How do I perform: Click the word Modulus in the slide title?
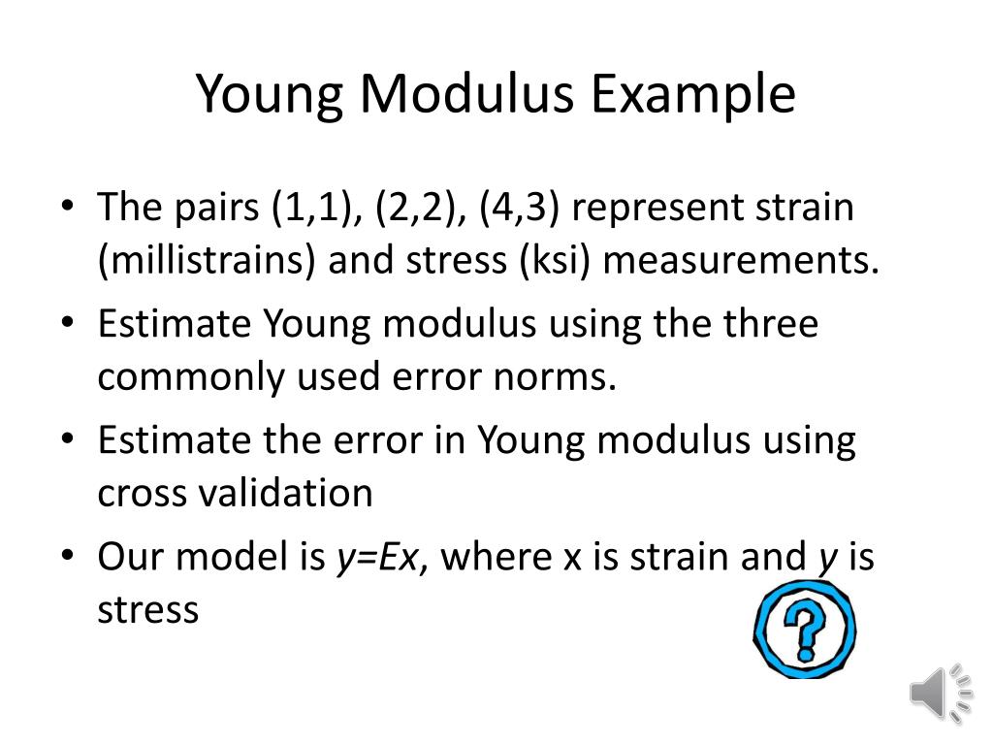click(469, 95)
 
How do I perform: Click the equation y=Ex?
click(378, 559)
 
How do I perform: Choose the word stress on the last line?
click(147, 610)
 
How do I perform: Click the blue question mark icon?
click(804, 630)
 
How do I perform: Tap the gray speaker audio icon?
click(940, 693)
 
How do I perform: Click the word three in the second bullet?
click(766, 324)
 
